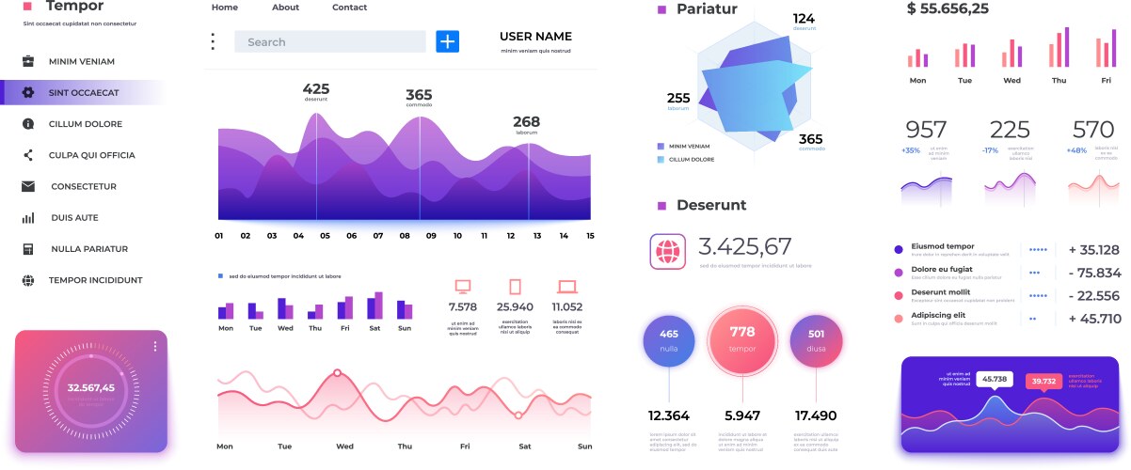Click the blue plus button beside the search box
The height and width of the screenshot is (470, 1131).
[x=447, y=41]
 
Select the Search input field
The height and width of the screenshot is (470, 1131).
[x=329, y=41]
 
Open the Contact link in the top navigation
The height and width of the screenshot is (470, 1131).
[x=349, y=8]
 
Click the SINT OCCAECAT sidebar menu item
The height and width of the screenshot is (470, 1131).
[x=83, y=92]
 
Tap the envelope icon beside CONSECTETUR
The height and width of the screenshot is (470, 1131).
[x=28, y=186]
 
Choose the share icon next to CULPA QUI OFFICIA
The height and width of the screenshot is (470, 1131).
[x=28, y=155]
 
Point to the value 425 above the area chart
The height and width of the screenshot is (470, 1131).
[x=316, y=89]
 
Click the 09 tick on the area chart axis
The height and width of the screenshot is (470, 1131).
[x=431, y=236]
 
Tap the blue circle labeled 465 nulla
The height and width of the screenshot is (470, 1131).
[x=669, y=339]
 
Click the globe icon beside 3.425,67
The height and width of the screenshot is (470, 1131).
[x=668, y=251]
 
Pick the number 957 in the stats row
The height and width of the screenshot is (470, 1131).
[x=926, y=130]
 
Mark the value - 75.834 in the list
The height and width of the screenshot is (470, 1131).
[x=1094, y=273]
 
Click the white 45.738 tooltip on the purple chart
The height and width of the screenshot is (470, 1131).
[x=994, y=379]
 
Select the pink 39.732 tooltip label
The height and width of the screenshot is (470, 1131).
[x=1043, y=381]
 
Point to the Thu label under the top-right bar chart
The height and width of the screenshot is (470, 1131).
[x=1059, y=81]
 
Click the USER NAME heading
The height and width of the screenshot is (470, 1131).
[x=535, y=37]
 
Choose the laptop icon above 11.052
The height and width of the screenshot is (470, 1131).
[x=566, y=287]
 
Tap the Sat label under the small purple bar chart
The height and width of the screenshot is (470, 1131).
[x=374, y=328]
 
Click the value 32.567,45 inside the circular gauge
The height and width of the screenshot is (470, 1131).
[x=91, y=387]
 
